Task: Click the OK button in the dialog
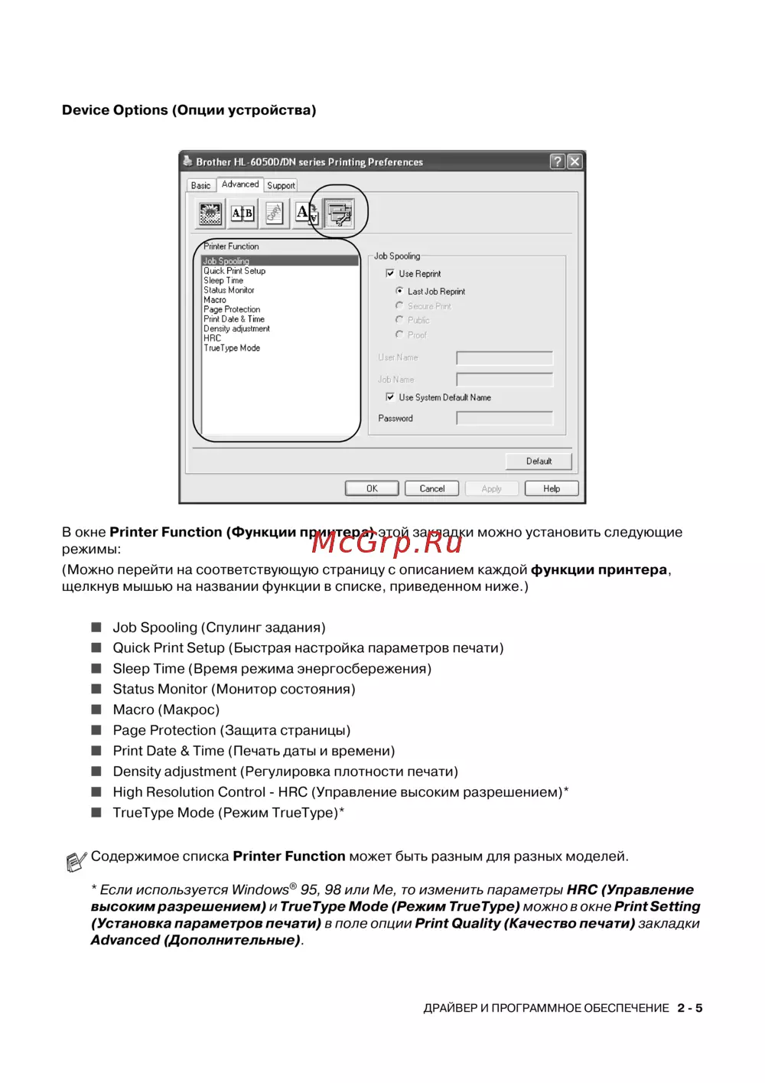tap(372, 488)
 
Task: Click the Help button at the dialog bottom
tap(552, 488)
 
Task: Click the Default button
tap(539, 461)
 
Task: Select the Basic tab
tap(200, 185)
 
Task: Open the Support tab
tap(281, 185)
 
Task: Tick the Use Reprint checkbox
tap(390, 273)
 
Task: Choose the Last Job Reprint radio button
tap(399, 291)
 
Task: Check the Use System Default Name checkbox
tap(390, 397)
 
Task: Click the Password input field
tap(504, 418)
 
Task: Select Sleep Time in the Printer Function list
tap(223, 281)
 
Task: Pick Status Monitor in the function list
tap(229, 290)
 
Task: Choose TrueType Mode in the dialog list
tap(232, 348)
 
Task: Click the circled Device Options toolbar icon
tap(338, 213)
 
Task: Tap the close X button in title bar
tap(575, 161)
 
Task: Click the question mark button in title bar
tap(558, 161)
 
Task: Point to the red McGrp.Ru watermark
tap(387, 542)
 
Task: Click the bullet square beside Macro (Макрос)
tap(96, 709)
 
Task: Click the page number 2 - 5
tap(689, 1008)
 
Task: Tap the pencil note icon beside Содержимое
tap(75, 862)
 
